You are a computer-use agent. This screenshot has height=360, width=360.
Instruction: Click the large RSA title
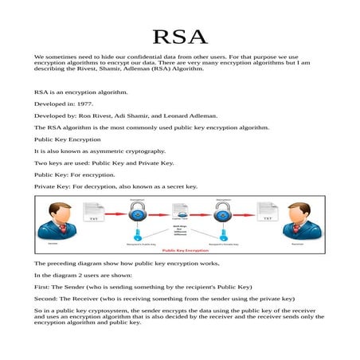(179, 37)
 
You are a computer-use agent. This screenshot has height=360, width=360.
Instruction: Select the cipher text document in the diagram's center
(179, 213)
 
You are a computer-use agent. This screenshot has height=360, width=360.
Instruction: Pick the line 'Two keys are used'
(104, 162)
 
